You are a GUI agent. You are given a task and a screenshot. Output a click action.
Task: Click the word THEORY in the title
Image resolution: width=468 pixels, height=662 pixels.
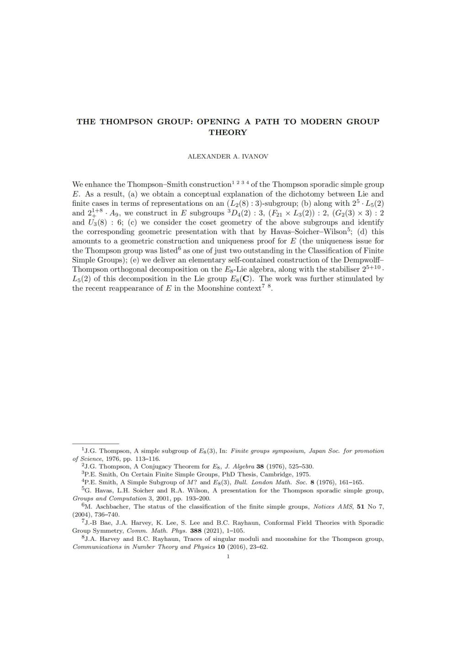[228, 133]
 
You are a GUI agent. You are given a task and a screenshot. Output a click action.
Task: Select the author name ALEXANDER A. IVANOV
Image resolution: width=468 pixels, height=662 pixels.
[228, 156]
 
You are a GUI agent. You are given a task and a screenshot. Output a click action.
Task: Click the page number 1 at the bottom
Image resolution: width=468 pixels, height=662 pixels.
[228, 556]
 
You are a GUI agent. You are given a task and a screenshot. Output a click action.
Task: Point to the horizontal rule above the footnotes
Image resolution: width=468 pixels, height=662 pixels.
[96, 443]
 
